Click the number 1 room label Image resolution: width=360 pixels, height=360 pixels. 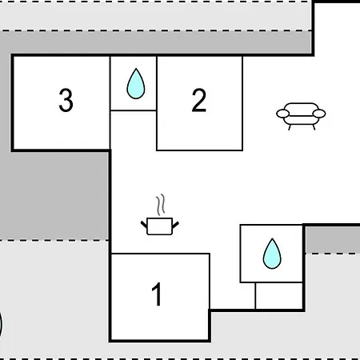[x=157, y=294]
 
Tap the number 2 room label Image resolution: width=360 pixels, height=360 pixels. [x=199, y=100]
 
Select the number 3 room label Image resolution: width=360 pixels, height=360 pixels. [x=66, y=100]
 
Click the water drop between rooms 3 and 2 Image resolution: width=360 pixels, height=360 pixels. [x=136, y=83]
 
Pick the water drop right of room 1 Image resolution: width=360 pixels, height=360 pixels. [x=272, y=254]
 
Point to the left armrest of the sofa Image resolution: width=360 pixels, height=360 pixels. [x=282, y=114]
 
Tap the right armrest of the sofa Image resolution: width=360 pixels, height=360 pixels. [x=319, y=114]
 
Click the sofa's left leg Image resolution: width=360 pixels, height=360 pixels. [x=290, y=127]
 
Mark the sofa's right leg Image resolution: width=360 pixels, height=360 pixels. [x=314, y=127]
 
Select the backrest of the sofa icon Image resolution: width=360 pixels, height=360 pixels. [x=301, y=106]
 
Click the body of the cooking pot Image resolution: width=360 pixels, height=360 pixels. [x=160, y=226]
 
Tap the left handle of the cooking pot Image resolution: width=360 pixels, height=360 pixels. [x=144, y=225]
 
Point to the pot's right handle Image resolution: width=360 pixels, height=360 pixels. [x=176, y=225]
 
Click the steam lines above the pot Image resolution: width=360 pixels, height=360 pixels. [x=161, y=205]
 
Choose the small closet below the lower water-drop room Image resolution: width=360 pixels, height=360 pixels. [x=279, y=296]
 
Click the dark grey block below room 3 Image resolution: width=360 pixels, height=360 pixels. [x=54, y=195]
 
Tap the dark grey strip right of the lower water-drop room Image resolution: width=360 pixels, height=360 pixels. [x=333, y=239]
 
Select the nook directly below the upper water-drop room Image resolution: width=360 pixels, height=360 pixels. [x=134, y=130]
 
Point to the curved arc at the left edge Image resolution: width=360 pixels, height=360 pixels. [x=1, y=324]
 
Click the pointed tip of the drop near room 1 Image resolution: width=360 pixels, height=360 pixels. [x=272, y=238]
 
